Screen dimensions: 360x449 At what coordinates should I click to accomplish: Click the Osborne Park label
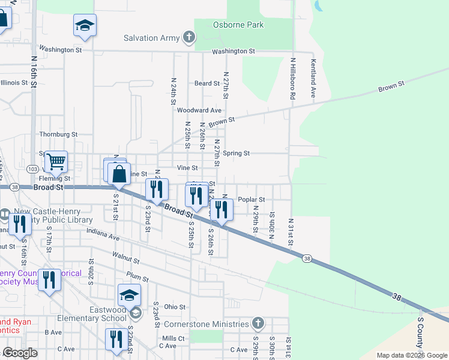(x=238, y=25)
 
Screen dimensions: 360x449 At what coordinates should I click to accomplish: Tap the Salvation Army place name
(x=152, y=38)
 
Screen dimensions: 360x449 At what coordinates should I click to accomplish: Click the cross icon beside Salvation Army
(x=189, y=38)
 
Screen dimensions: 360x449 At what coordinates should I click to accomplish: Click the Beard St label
(x=207, y=83)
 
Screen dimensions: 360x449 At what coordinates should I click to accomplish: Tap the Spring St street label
(x=236, y=153)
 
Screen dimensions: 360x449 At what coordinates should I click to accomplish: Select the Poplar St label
(x=252, y=199)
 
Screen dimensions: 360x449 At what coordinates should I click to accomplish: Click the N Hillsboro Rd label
(x=293, y=78)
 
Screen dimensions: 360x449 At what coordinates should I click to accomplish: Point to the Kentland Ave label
(x=313, y=78)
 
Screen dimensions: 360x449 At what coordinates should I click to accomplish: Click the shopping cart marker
(x=56, y=161)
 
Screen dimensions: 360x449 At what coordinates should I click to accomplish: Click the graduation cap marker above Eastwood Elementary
(x=129, y=295)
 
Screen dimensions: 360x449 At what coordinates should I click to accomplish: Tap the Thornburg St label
(x=58, y=135)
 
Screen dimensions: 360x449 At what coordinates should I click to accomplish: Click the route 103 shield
(x=32, y=171)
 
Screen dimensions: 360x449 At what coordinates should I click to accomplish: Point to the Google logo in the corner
(x=20, y=353)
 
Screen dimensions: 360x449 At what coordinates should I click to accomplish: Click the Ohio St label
(x=175, y=307)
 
